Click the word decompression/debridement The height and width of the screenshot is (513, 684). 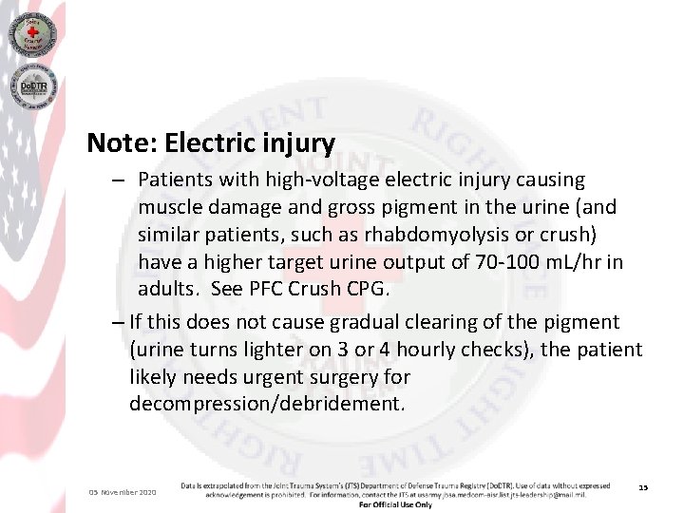point(267,404)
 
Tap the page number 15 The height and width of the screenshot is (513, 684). point(643,487)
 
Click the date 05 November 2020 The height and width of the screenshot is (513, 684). point(123,492)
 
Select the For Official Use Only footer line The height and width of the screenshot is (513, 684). point(395,504)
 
